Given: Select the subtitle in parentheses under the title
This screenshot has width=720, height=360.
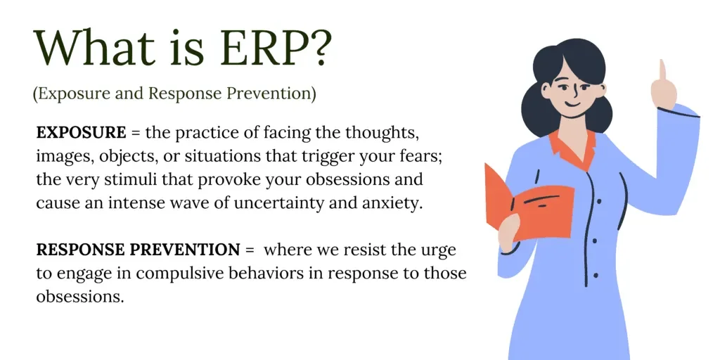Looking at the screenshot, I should [x=174, y=94].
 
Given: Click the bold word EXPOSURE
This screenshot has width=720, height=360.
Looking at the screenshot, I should [x=82, y=133].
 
